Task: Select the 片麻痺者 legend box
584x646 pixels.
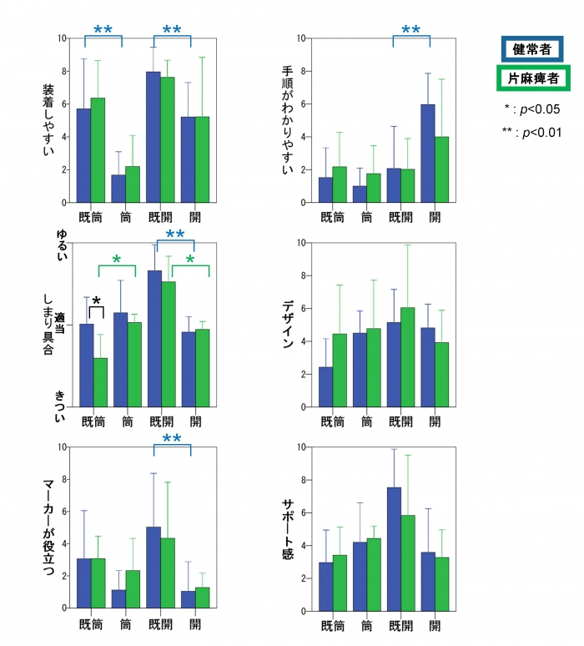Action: [x=534, y=78]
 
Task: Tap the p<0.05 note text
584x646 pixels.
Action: [x=532, y=109]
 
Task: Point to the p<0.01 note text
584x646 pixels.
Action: [x=531, y=133]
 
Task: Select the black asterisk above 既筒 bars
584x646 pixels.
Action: [x=96, y=301]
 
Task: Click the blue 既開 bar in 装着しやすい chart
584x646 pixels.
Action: [x=154, y=137]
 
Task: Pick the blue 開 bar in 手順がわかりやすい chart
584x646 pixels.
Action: [x=428, y=153]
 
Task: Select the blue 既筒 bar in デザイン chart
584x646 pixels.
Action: [x=325, y=387]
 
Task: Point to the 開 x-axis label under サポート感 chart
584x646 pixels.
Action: [x=434, y=624]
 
